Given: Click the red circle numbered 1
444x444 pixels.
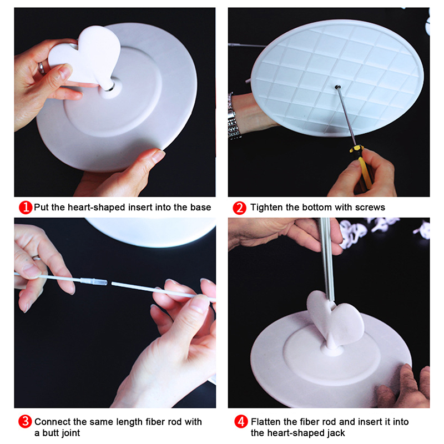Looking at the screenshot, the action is [x=26, y=208].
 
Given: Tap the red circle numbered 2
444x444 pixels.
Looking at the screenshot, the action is [x=240, y=208].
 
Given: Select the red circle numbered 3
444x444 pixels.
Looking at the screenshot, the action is [x=25, y=422].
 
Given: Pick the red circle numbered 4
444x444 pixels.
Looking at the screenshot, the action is [x=241, y=422].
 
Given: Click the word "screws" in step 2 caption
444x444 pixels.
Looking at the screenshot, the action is [x=370, y=208].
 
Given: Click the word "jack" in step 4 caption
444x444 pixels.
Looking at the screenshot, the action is [x=336, y=433].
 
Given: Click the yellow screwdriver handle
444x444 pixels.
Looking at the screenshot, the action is [x=363, y=165].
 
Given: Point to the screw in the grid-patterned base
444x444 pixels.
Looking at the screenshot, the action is [x=337, y=87].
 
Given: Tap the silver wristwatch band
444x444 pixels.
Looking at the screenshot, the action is [x=234, y=117].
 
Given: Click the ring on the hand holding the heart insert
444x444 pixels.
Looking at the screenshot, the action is [x=41, y=68].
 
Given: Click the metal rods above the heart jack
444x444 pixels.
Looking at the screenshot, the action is [x=327, y=259].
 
